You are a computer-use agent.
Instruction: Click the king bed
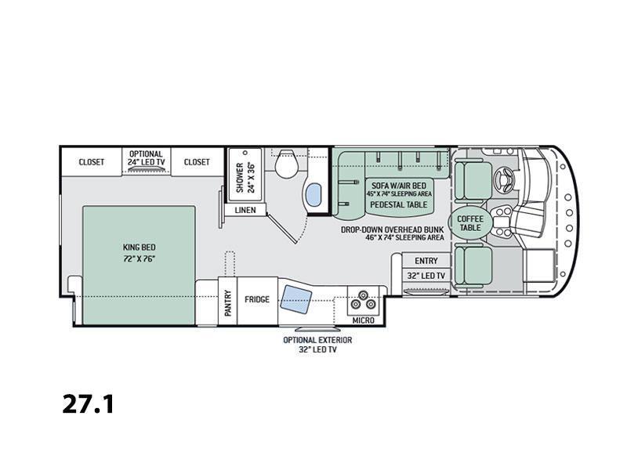coord(139,265)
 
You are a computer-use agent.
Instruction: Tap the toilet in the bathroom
coord(287,164)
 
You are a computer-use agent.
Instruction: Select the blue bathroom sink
coord(313,195)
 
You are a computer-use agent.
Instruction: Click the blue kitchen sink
coord(296,300)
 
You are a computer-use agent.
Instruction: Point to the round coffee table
coord(470,223)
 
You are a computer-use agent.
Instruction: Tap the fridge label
coord(257,299)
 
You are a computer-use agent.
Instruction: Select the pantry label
coord(228,303)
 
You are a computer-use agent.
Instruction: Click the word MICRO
coord(363,320)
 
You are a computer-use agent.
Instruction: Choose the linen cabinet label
coord(245,210)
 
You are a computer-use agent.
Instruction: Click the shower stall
coord(245,173)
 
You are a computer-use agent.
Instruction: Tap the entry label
coord(426,261)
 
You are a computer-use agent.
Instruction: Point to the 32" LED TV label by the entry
coord(426,276)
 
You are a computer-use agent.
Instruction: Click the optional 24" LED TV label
coord(146,158)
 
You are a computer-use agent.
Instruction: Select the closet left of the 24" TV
coord(91,162)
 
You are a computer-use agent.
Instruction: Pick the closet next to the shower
coord(197,162)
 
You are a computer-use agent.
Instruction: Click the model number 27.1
coord(89,404)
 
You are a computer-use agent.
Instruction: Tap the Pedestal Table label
coord(399,204)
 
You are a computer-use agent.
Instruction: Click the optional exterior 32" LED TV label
coord(317,345)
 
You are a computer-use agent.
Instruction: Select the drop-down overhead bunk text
coord(393,230)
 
